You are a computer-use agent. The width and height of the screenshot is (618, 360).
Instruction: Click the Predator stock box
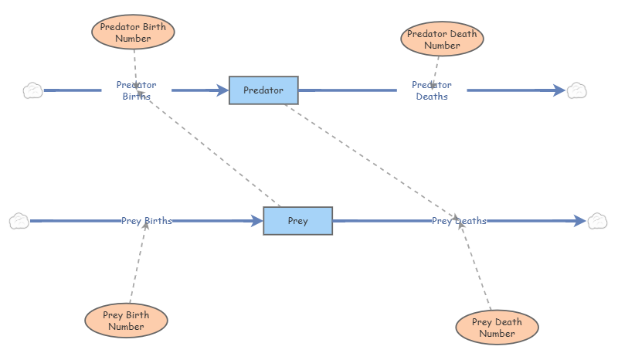[x=263, y=90]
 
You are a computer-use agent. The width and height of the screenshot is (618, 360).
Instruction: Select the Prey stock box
[x=297, y=221]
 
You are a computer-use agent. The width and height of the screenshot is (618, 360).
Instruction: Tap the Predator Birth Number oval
[x=133, y=32]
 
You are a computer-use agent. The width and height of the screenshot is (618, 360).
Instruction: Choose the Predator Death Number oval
[x=442, y=39]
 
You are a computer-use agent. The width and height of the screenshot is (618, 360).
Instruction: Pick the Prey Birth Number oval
[x=126, y=321]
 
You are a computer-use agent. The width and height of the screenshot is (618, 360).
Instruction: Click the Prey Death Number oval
[x=497, y=328]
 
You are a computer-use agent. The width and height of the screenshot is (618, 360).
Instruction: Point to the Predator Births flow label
[x=136, y=90]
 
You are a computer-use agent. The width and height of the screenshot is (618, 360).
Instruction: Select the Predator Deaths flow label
[x=432, y=90]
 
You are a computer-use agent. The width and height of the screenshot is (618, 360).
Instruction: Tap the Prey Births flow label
[x=147, y=221]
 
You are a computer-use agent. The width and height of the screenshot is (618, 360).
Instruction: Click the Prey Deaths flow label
[x=459, y=221]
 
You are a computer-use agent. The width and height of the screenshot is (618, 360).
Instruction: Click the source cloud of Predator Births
[x=33, y=90]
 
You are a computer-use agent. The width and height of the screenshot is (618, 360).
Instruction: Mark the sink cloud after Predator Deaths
[x=577, y=90]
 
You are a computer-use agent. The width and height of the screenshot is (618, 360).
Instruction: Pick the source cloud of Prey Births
[x=19, y=222]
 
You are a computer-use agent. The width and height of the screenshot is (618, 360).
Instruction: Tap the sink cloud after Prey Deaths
[x=597, y=222]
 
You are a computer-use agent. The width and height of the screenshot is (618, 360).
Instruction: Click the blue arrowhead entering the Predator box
[x=222, y=90]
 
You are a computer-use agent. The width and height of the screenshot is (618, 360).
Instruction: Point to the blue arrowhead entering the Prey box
[x=256, y=221]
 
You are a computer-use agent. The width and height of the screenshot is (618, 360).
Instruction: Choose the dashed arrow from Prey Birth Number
[x=138, y=263]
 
